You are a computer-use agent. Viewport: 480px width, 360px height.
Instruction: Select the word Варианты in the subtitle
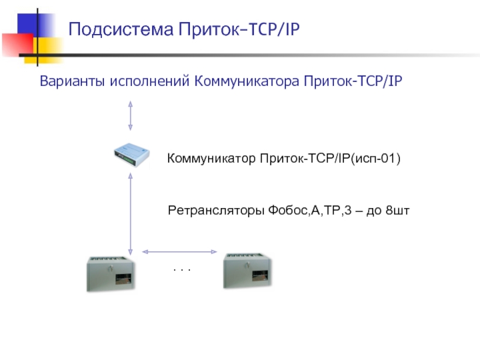coord(71,81)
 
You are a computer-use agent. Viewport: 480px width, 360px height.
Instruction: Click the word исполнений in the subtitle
coord(149,81)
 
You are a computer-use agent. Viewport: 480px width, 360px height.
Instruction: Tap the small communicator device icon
coord(132,158)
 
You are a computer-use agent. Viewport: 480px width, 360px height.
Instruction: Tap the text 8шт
coord(397,211)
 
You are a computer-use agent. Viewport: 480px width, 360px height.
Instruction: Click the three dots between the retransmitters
coord(181,271)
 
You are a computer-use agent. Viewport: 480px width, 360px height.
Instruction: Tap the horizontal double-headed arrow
coord(179,251)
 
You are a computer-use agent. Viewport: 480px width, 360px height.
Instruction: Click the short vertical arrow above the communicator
coord(130,116)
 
